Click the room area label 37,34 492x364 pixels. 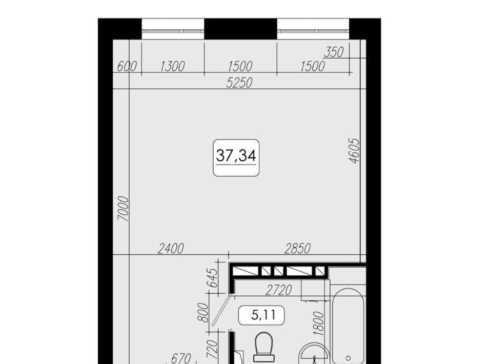[236, 156]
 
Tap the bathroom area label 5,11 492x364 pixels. [263, 315]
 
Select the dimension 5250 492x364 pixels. [239, 83]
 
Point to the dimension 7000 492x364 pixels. [124, 209]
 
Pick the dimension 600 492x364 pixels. [127, 67]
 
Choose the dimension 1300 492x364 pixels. [172, 66]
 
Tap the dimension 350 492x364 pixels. [334, 52]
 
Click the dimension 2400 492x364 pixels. [170, 249]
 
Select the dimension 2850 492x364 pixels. [297, 249]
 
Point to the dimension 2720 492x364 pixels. [279, 290]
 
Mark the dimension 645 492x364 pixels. [212, 278]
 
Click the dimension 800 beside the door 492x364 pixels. [203, 313]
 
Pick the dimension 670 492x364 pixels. [181, 358]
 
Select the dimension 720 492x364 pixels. [212, 349]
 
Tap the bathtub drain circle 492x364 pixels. [348, 358]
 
